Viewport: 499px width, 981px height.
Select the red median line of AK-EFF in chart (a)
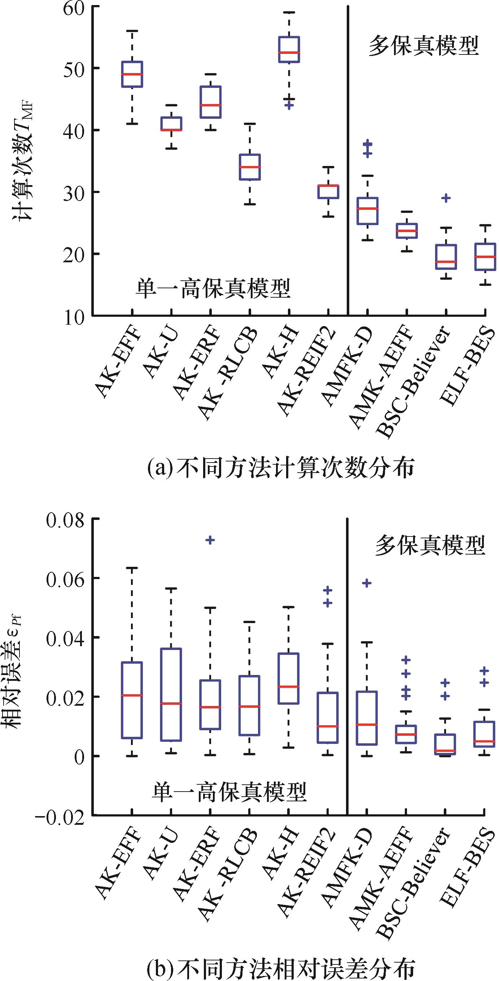pos(132,74)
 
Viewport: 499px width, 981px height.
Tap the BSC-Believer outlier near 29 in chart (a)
pos(446,198)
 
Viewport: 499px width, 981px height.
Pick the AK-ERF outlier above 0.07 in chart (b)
pos(210,540)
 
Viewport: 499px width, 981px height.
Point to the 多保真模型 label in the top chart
pos(423,46)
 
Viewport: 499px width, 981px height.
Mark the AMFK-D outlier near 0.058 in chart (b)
pos(367,583)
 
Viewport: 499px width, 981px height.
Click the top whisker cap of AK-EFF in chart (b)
pos(132,568)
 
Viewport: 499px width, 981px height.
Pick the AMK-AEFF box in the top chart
pos(407,231)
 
